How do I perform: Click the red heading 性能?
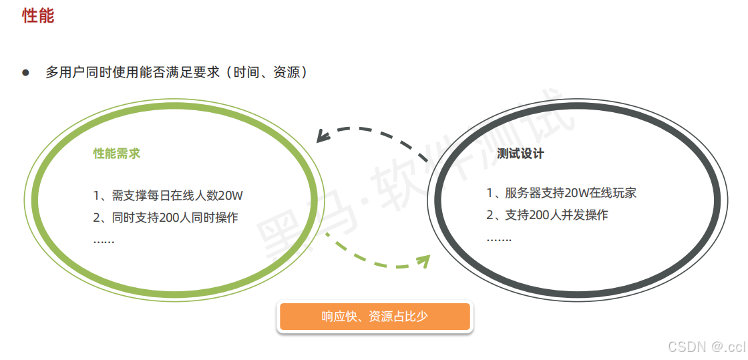pos(38,16)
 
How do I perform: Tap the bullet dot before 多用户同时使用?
pos(26,72)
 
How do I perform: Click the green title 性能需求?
pos(116,154)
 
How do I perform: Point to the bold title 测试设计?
pos(520,154)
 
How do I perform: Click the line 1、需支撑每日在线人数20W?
pos(168,196)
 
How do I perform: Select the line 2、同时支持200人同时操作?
pos(166,217)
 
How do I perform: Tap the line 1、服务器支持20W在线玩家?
pos(561,193)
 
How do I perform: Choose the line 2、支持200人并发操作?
pos(547,215)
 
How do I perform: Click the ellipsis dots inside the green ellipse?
pos(104,240)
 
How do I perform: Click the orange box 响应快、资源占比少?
pos(375,317)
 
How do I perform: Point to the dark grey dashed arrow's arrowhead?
pos(323,138)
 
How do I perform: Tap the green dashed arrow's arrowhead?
pos(423,259)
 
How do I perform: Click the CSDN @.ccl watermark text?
pos(706,347)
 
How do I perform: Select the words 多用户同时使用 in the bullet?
pos(85,72)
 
